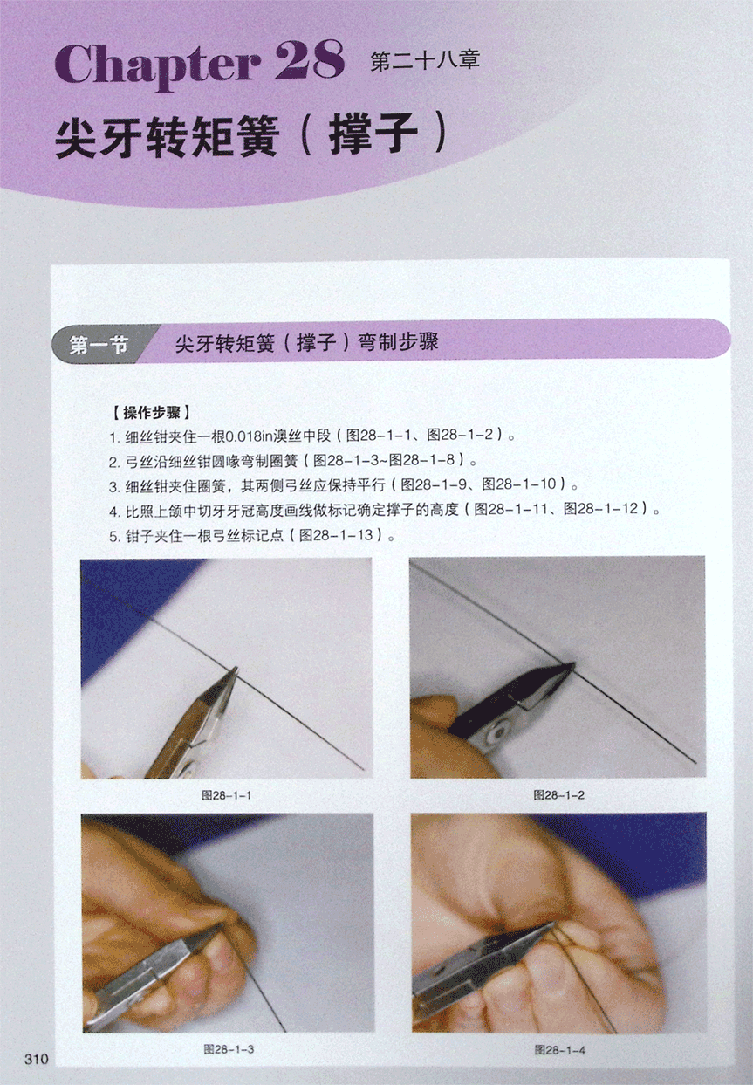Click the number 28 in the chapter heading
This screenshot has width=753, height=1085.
[x=311, y=60]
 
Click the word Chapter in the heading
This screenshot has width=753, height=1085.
[x=157, y=65]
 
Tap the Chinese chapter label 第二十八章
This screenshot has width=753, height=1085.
[x=425, y=61]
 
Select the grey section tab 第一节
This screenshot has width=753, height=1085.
[x=99, y=345]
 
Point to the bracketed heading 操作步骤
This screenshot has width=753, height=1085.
[x=151, y=413]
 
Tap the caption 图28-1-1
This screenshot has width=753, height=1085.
[x=226, y=795]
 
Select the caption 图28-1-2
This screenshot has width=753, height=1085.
[x=558, y=795]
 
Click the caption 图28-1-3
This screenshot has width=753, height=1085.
[x=228, y=1049]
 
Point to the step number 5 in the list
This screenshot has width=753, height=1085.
[x=113, y=536]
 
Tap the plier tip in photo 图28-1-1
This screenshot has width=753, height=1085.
[x=235, y=670]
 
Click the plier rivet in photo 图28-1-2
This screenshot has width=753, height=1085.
[x=497, y=734]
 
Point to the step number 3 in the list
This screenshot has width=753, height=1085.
[x=113, y=486]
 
